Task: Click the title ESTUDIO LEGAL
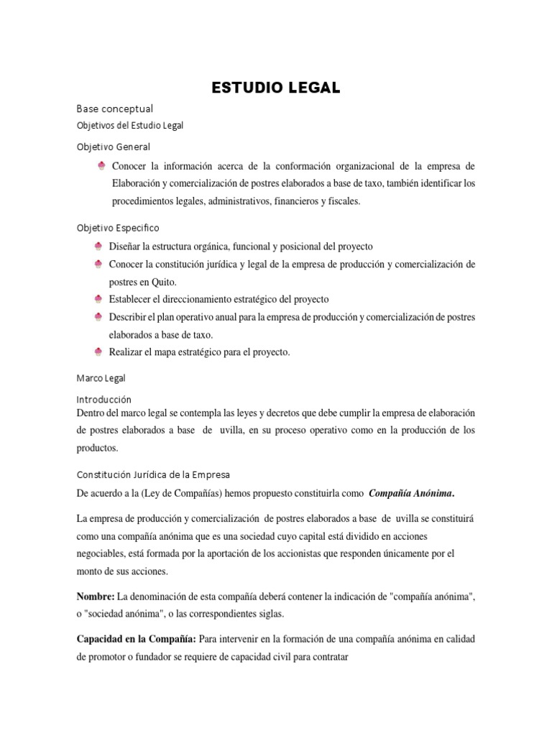tap(275, 88)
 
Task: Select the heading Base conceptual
tap(115, 109)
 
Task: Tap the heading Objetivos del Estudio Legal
tap(130, 125)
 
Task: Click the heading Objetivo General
tap(114, 147)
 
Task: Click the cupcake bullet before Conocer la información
tap(102, 167)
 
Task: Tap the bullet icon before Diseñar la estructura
tap(98, 247)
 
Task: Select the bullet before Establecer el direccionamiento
tap(98, 298)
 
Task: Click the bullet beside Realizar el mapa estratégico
tap(98, 351)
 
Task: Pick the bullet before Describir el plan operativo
tap(98, 316)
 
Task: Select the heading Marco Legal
tap(101, 377)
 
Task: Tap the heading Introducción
tap(104, 399)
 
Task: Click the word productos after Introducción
tap(96, 448)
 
